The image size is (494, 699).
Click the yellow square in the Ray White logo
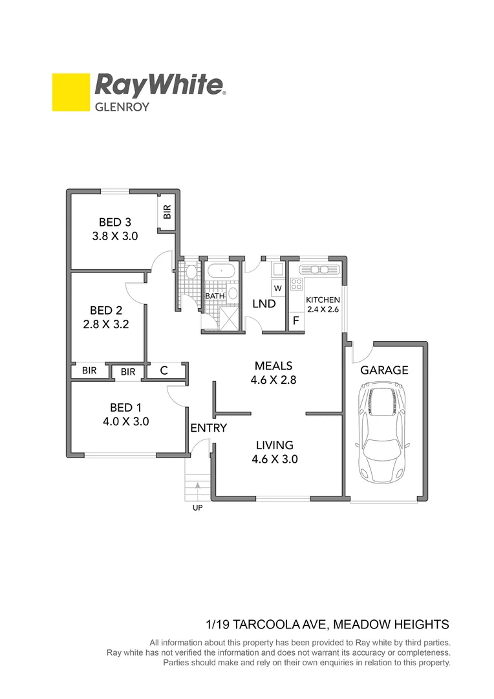click(70, 92)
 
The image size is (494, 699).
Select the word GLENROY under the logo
click(122, 107)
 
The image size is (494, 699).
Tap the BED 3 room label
click(115, 223)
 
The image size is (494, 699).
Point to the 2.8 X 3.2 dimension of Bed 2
click(106, 324)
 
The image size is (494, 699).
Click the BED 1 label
click(125, 407)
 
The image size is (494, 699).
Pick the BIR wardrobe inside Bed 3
click(167, 212)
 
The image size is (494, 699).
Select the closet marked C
click(164, 371)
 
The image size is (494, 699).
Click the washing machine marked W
click(277, 287)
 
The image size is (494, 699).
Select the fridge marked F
click(295, 320)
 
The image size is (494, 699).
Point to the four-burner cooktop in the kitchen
click(296, 284)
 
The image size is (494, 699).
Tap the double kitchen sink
click(319, 269)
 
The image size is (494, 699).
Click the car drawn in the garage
click(383, 432)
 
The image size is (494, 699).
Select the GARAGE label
click(384, 370)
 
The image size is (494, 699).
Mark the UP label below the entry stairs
click(197, 508)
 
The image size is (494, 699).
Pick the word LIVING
click(274, 445)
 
